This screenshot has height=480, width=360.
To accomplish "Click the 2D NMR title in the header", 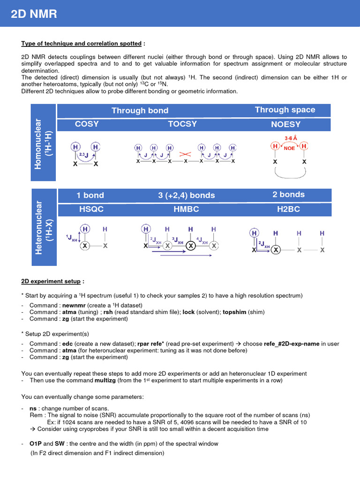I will pos(34,15).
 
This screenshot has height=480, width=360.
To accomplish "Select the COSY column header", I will pos(87,124).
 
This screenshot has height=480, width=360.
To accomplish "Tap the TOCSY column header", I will pos(182,124).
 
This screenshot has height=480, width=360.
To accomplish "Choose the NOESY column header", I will pos(285,125).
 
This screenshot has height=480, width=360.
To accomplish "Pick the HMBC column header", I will pos(186,210).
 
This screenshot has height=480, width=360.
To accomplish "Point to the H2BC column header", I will pos(288,210).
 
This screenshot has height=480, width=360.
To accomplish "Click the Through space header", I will pos(285,110).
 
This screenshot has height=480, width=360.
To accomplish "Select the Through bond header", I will pos(140,111).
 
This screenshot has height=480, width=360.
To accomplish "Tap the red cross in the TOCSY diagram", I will pos(186,154).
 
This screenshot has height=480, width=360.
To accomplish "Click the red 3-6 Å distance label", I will pos(291,138).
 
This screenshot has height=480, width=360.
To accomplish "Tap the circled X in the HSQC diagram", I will pos(85,246).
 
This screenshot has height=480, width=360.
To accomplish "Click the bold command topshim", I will pos(235,312).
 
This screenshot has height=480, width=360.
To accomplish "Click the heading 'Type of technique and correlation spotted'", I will pos(81,44).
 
